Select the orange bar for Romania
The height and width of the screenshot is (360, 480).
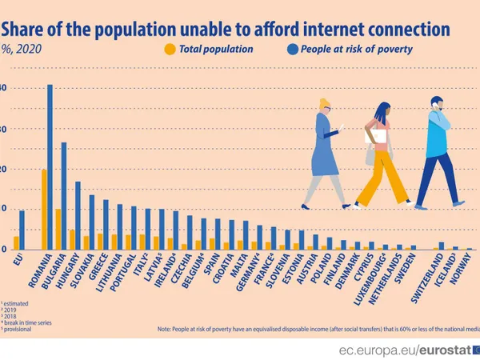44,210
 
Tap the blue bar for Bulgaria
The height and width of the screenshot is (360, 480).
64,196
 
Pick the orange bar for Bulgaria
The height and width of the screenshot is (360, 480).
58,230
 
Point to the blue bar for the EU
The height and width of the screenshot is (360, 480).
22,230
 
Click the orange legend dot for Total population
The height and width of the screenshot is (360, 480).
169,50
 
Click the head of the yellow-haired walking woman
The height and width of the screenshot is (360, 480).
326,106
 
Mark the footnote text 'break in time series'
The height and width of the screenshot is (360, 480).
29,322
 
